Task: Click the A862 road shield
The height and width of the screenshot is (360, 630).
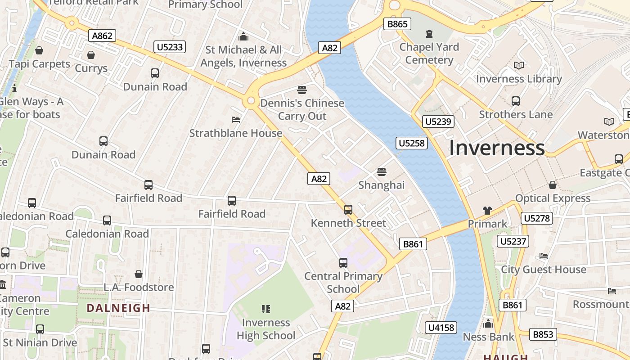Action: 102,36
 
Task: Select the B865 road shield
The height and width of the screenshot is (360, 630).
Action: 397,24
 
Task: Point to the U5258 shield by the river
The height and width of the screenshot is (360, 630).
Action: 411,143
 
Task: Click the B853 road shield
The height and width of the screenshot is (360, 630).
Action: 543,334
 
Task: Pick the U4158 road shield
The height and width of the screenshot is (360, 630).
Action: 441,328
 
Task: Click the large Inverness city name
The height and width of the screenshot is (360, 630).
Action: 497,148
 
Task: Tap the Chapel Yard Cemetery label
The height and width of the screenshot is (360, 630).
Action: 429,54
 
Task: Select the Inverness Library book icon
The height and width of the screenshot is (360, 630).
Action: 519,66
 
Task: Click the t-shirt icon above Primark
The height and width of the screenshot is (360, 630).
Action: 487,210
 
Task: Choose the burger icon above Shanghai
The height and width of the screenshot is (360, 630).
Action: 382,172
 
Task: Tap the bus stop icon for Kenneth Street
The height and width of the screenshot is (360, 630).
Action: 348,209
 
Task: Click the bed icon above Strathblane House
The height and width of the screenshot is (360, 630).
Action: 236,120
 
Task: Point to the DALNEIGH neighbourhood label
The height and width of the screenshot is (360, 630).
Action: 118,308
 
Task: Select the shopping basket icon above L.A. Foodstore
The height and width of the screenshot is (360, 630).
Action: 139,274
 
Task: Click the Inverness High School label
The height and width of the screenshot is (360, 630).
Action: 266,329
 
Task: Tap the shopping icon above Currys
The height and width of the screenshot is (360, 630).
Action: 91,55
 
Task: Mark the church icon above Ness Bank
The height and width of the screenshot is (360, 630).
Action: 488,324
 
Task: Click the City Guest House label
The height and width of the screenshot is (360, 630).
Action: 544,270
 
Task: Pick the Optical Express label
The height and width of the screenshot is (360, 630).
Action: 553,198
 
